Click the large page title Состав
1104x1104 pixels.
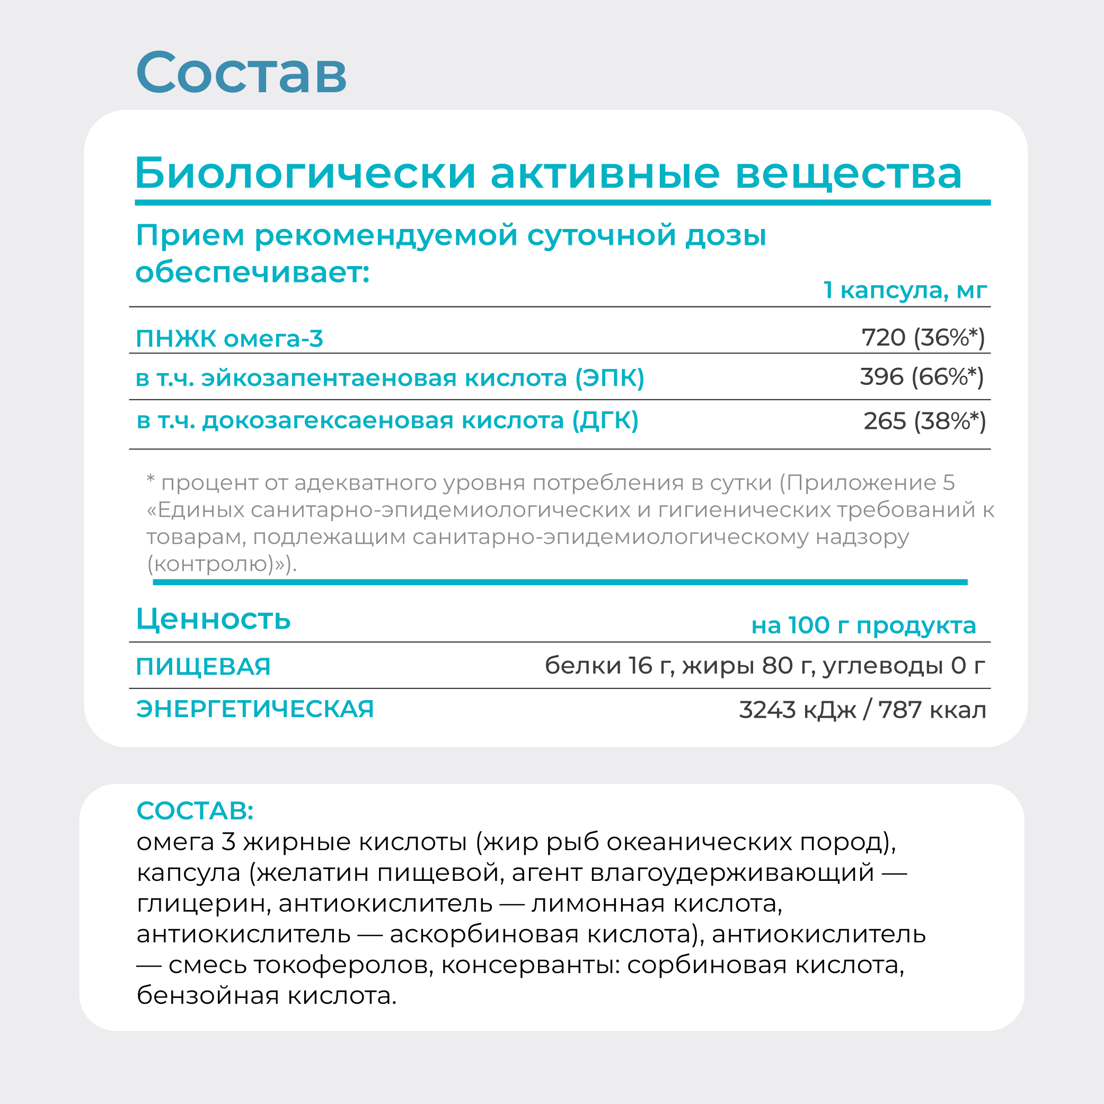pos(241,73)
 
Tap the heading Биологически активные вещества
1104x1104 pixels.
pos(549,173)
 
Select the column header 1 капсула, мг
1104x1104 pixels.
pos(905,290)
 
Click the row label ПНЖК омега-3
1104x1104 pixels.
pos(229,339)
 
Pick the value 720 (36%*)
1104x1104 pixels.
pos(923,338)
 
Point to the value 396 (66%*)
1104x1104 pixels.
pos(922,377)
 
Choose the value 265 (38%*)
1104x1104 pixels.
pos(924,421)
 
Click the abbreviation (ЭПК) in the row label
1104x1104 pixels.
pos(610,378)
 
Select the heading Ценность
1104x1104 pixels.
pos(213,619)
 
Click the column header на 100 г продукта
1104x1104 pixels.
pos(863,626)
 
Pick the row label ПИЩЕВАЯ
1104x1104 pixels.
pos(203,667)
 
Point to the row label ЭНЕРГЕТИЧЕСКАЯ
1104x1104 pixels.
pos(255,709)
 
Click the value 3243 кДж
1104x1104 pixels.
pos(797,710)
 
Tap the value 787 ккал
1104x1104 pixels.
pos(932,710)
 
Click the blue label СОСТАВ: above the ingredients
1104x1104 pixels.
pos(195,810)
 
